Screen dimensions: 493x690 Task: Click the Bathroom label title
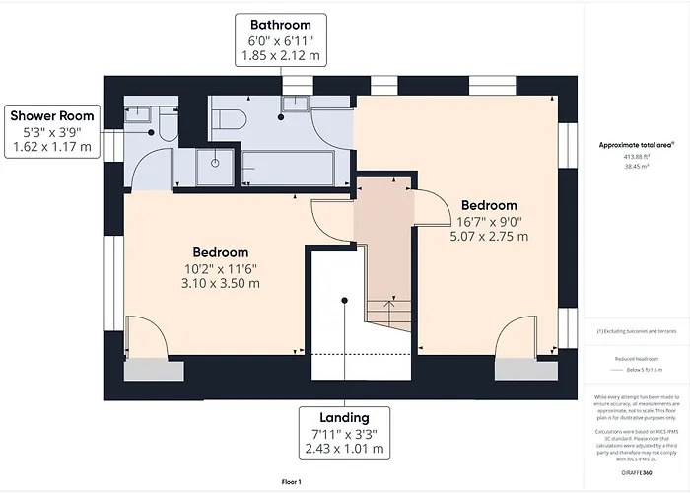click(x=280, y=25)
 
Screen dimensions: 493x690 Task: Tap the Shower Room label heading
click(x=51, y=116)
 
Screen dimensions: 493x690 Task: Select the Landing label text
click(x=344, y=417)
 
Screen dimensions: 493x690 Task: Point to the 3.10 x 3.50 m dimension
click(x=221, y=283)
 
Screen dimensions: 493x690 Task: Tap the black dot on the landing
click(x=343, y=300)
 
